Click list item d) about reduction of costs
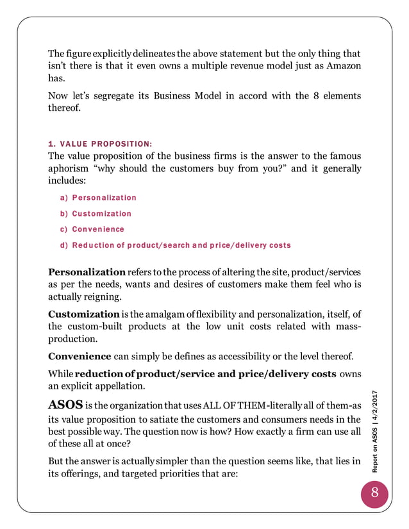[x=175, y=245]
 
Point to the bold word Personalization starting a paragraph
[x=87, y=272]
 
